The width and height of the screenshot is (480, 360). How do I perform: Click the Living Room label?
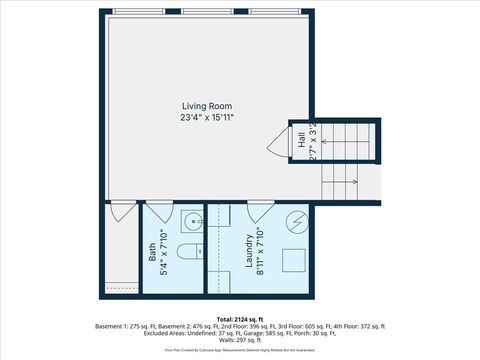click(x=207, y=106)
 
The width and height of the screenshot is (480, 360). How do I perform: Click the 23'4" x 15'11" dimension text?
click(x=207, y=118)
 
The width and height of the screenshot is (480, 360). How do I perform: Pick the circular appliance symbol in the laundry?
click(x=295, y=222)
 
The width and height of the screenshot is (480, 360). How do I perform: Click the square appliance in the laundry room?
click(x=293, y=260)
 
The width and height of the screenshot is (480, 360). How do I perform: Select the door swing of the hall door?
click(x=278, y=144)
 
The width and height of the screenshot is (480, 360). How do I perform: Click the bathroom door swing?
click(x=160, y=211)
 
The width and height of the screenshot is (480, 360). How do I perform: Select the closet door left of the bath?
click(x=123, y=211)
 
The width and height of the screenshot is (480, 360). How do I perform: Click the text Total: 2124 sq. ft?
click(x=240, y=319)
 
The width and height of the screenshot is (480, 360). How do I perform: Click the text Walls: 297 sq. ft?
click(x=240, y=341)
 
